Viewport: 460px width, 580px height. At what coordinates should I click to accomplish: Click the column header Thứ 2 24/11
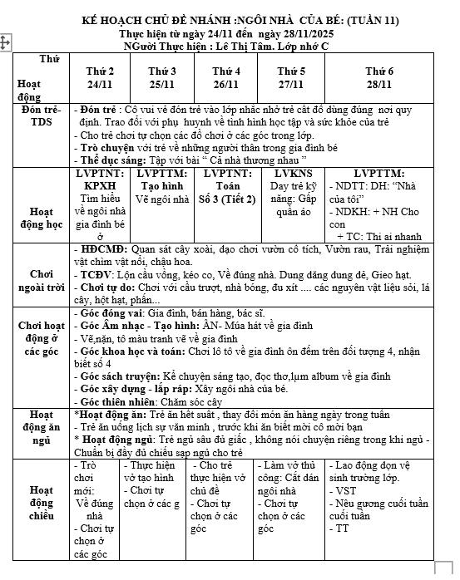pos(100,78)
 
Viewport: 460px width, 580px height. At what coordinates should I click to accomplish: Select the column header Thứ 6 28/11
pos(378,78)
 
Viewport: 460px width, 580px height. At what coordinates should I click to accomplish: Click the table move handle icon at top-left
pos(6,40)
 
